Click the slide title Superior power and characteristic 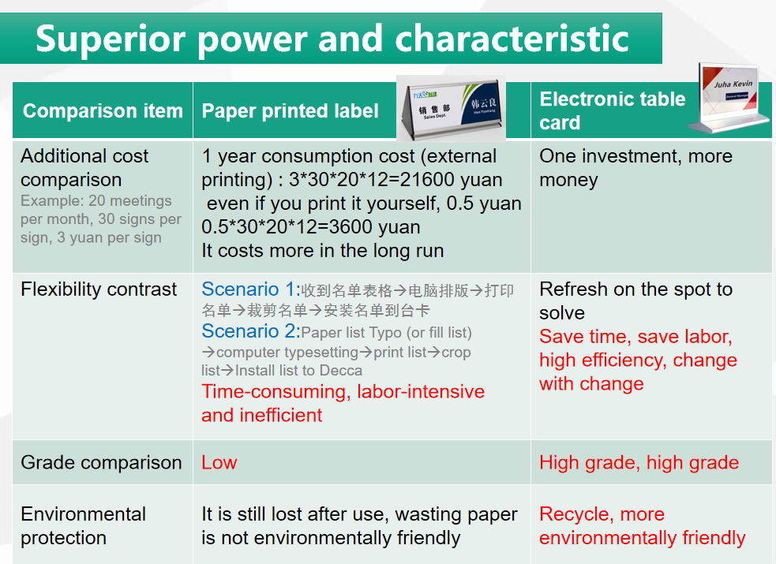pyautogui.click(x=332, y=39)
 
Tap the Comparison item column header pyautogui.click(x=103, y=110)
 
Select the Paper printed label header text pyautogui.click(x=290, y=111)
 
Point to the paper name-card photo pyautogui.click(x=452, y=108)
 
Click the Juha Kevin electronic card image pyautogui.click(x=730, y=98)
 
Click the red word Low pyautogui.click(x=219, y=463)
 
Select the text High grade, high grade pyautogui.click(x=639, y=463)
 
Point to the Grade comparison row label pyautogui.click(x=102, y=463)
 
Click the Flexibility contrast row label pyautogui.click(x=99, y=289)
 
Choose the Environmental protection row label pyautogui.click(x=83, y=526)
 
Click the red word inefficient pyautogui.click(x=280, y=415)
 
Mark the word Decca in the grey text pyautogui.click(x=341, y=370)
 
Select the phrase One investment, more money pyautogui.click(x=636, y=168)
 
